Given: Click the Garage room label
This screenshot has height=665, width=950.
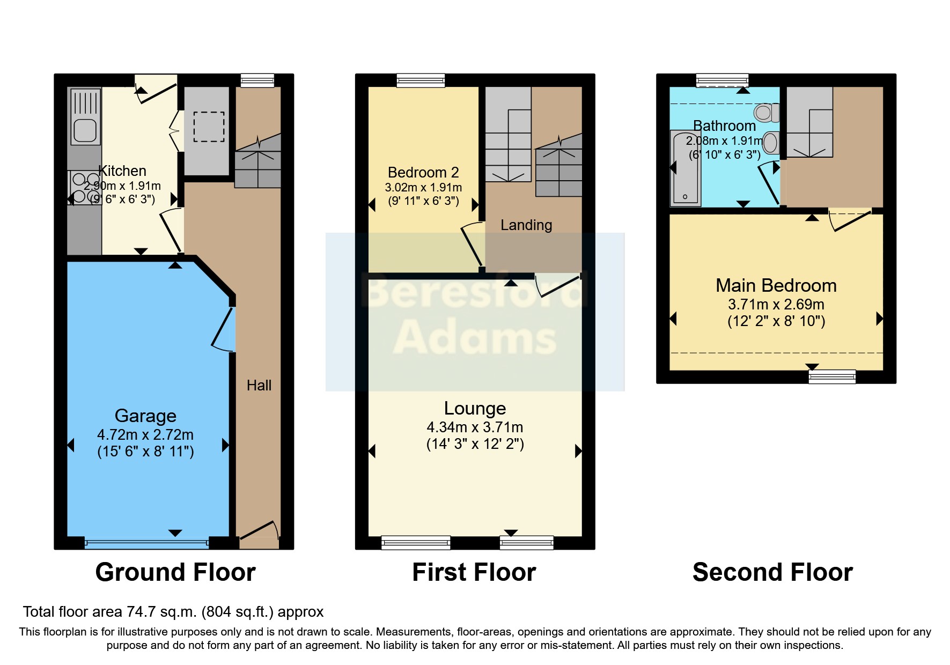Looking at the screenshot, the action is [x=145, y=416].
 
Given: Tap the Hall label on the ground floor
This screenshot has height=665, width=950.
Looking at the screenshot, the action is [x=259, y=385].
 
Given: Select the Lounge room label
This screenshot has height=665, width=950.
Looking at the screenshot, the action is [x=475, y=409].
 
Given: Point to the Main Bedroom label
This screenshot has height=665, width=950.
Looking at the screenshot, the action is [x=776, y=286].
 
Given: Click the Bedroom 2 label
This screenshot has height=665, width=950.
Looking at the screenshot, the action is [x=423, y=173].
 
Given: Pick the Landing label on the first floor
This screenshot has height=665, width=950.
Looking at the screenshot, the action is [x=526, y=225].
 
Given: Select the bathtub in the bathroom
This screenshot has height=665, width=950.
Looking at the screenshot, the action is [x=685, y=168].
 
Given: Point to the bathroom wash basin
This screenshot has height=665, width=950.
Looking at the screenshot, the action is [x=770, y=143].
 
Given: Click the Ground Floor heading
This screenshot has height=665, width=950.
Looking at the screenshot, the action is [x=175, y=572].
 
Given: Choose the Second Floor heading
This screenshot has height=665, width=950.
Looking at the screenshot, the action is [x=772, y=572].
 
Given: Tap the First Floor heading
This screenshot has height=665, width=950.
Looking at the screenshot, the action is [x=474, y=572].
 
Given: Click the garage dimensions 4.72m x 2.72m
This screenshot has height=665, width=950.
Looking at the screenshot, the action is [x=145, y=435].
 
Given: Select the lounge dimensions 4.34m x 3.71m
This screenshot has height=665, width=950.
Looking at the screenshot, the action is [x=475, y=427].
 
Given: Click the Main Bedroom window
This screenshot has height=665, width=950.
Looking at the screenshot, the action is [x=832, y=376].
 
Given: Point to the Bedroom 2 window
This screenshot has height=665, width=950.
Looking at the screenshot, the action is [x=421, y=80].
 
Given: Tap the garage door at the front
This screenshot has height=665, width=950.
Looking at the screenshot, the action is [x=146, y=543].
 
